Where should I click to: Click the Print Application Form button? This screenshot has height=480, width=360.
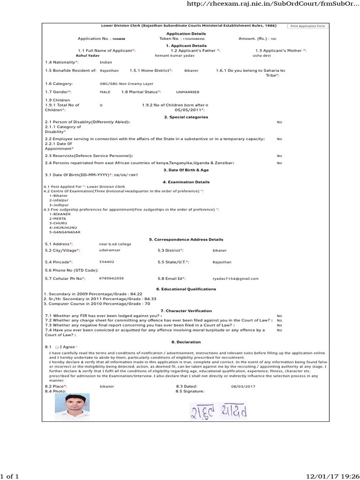(x=307, y=26)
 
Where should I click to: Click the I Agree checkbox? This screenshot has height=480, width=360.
(x=57, y=346)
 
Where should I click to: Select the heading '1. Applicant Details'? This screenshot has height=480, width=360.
(x=186, y=45)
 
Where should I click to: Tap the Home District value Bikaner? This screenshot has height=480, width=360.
(x=191, y=70)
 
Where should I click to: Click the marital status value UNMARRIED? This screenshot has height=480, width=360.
(x=187, y=92)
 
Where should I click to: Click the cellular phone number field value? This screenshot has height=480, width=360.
(x=112, y=278)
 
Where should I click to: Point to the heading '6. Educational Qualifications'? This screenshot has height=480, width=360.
(x=186, y=289)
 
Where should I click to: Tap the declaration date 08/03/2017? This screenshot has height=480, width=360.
(x=243, y=386)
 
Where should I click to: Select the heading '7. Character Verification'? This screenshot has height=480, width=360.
(x=186, y=311)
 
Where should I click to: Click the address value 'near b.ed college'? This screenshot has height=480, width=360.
(x=115, y=244)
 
